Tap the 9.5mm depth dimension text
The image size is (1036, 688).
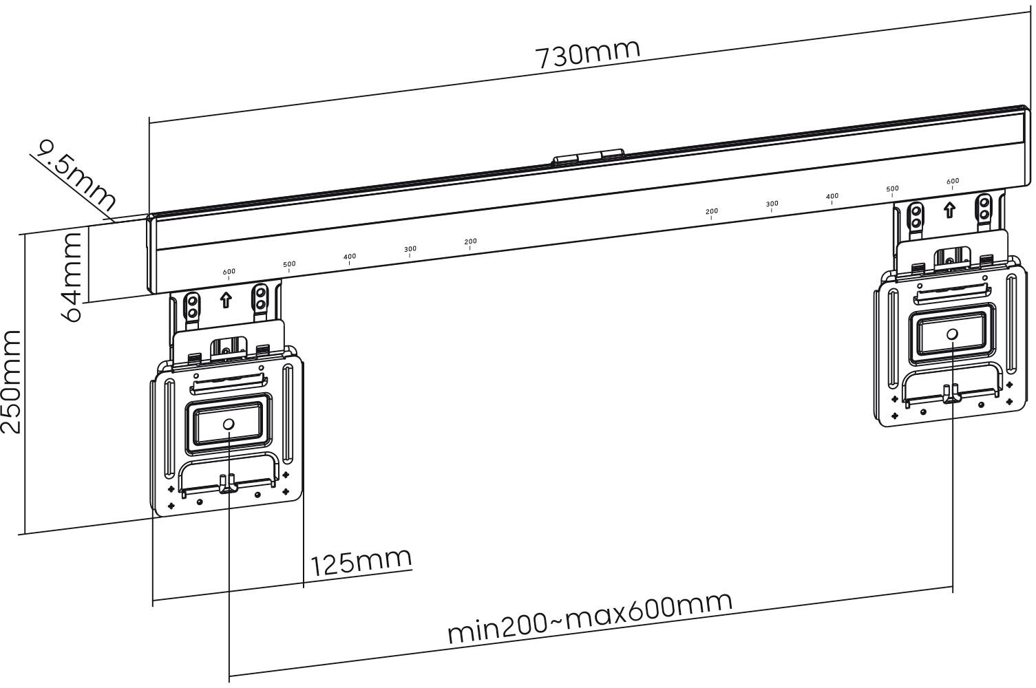(76, 175)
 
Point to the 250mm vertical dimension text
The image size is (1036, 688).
(12, 381)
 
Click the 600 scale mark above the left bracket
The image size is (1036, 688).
(229, 272)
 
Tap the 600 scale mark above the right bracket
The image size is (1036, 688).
(952, 182)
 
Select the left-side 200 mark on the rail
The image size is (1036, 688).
(470, 242)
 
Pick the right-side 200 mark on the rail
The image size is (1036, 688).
(712, 212)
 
